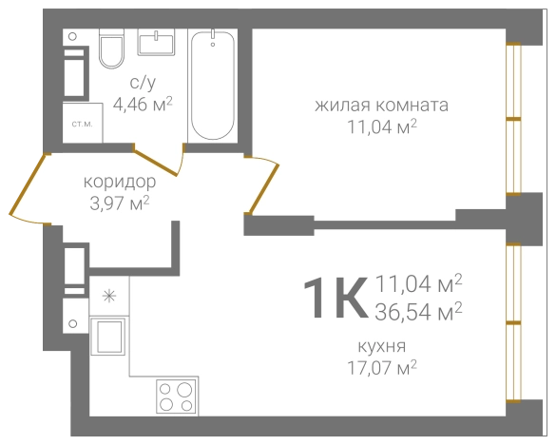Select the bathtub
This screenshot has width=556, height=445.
(214, 86)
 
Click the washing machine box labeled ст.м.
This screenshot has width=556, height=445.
(81, 124)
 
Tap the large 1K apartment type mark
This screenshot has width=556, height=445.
(333, 298)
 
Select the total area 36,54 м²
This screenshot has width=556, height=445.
(419, 309)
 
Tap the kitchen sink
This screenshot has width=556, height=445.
(109, 338)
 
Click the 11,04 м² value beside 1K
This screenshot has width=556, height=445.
(419, 282)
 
